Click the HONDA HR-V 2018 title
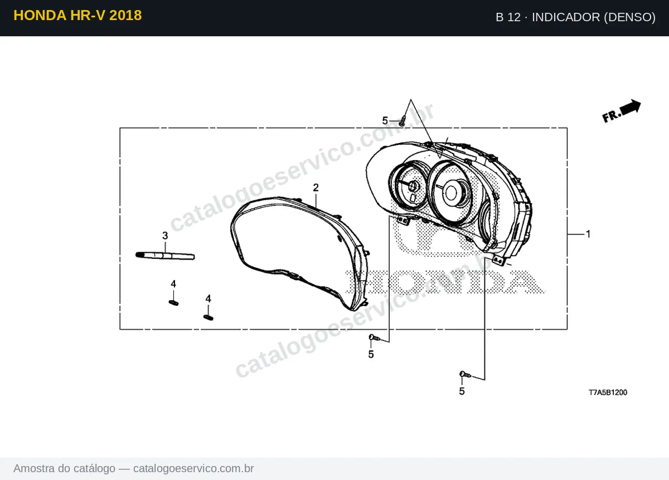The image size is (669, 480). (77, 16)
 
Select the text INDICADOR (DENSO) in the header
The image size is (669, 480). (594, 17)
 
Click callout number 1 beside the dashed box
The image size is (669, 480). (588, 234)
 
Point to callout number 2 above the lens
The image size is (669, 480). (316, 188)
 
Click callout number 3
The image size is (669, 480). (165, 236)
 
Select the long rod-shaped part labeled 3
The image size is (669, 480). (165, 256)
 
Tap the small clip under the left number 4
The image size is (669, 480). (173, 303)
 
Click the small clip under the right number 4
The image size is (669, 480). (208, 318)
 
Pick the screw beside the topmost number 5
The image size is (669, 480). (403, 121)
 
